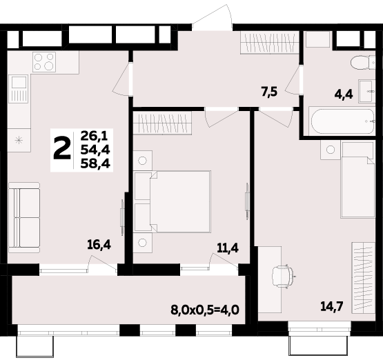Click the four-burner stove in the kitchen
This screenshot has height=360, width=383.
pos(43,61)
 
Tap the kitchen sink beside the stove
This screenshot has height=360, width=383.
pos(19,90)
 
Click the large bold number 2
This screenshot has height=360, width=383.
pos(62,148)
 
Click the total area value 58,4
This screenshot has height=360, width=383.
pos(95,163)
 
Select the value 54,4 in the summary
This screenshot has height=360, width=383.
pos(95,150)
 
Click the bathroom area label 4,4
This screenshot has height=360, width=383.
pos(344,94)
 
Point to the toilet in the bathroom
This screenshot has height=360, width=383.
pos(360,63)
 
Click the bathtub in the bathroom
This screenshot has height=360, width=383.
pos(339,123)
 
